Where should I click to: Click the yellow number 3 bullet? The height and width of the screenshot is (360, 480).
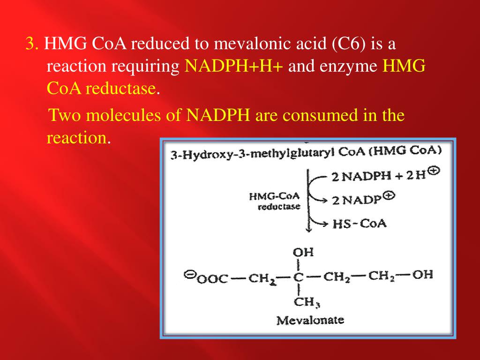31,45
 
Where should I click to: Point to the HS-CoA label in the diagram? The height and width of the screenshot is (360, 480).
360,223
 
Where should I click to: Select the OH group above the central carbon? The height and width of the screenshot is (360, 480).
303,252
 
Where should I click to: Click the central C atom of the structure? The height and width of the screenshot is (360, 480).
299,277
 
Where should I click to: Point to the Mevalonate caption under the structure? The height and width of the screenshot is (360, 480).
310,321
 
